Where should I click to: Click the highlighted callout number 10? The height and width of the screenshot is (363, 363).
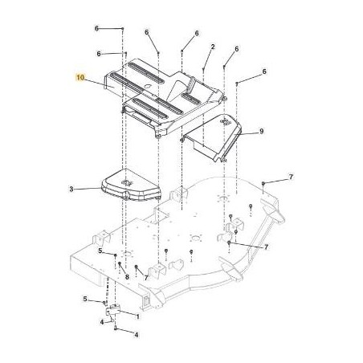tap(80, 77)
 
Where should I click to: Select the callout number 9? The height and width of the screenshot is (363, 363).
tap(262, 130)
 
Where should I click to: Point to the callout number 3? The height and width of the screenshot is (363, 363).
tap(94, 190)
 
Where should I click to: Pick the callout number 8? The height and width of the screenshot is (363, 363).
tap(127, 276)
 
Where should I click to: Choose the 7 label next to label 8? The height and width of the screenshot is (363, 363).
tap(145, 277)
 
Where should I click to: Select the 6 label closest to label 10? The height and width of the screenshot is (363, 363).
tap(99, 54)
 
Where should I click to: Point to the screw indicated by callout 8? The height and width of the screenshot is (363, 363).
tap(119, 264)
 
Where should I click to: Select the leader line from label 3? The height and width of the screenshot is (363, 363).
tap(104, 190)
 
